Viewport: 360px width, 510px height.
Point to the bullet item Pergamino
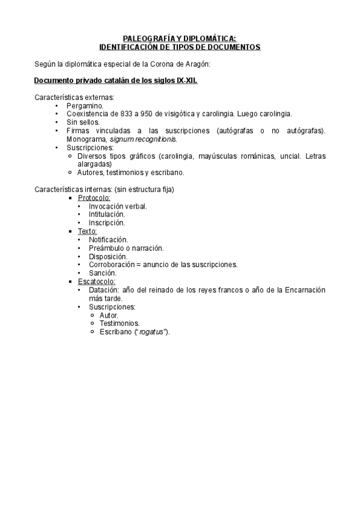tap(85, 105)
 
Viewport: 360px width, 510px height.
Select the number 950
tap(145, 114)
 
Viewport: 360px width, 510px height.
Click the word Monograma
tap(87, 139)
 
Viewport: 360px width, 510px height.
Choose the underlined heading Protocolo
tap(94, 198)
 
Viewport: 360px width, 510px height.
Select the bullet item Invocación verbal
tap(118, 206)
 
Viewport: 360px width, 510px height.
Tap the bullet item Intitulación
tap(107, 214)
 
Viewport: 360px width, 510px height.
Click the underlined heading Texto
tap(87, 231)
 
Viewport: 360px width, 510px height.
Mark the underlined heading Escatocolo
tap(97, 281)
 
